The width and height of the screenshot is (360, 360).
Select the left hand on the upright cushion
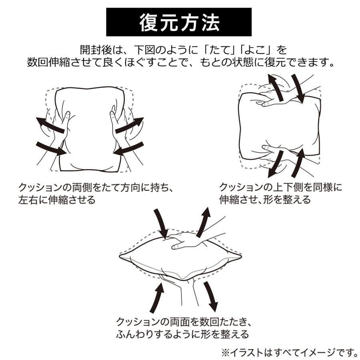[x=60, y=128]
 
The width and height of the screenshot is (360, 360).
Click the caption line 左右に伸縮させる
[x=57, y=200]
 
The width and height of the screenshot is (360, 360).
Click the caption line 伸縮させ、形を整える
[x=265, y=200]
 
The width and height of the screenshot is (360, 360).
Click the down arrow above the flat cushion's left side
[x=162, y=224]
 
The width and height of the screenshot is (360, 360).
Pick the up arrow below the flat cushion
[x=157, y=297]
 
